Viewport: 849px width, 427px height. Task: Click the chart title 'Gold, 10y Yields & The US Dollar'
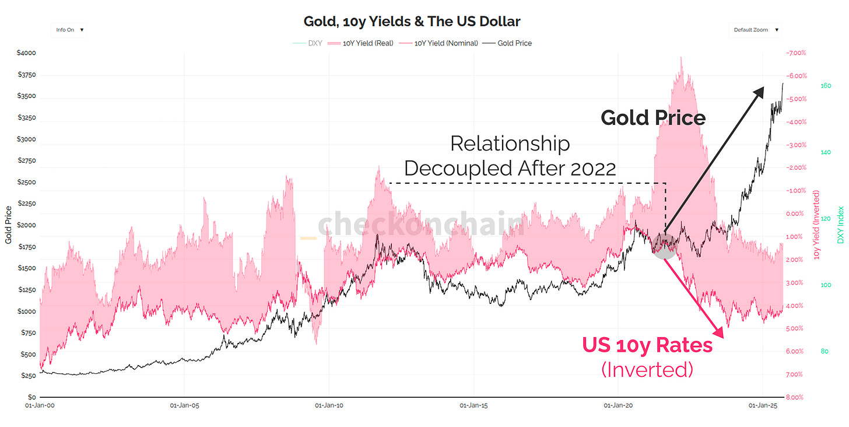point(412,22)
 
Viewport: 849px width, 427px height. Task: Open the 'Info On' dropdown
point(69,30)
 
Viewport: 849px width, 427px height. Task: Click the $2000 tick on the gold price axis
point(27,225)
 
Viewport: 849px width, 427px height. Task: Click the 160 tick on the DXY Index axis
point(826,86)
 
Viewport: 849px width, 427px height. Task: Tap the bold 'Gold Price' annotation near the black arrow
point(653,118)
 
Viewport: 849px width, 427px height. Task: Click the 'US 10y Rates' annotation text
point(647,345)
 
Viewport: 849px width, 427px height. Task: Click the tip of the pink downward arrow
point(722,337)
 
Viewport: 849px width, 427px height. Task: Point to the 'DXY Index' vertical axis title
point(840,225)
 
